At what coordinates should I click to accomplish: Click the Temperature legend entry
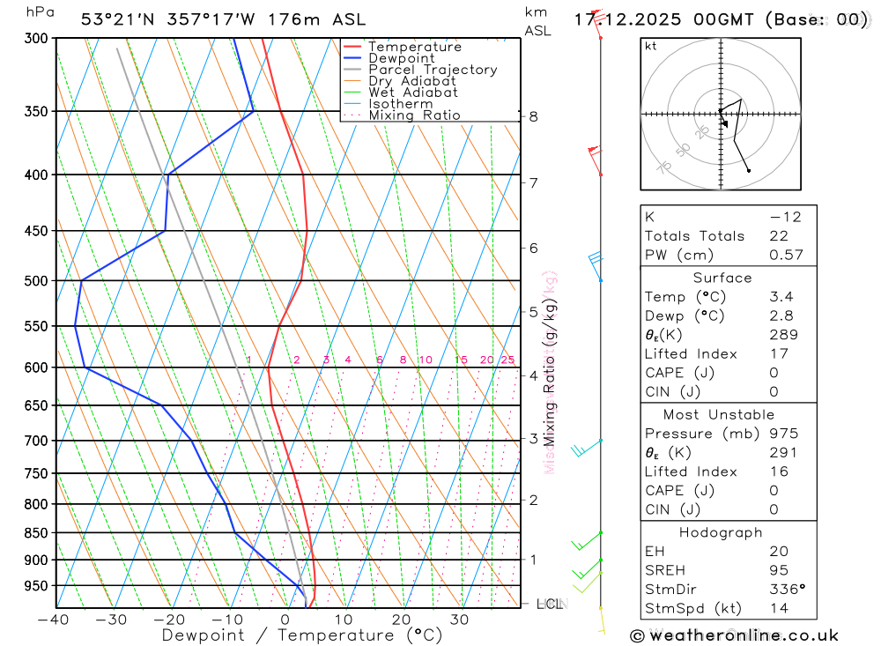point(414,47)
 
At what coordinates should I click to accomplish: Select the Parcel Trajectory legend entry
point(433,70)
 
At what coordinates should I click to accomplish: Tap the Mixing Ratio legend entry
point(414,115)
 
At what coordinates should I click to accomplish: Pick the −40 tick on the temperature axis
point(54,620)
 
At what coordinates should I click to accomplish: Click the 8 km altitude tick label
point(534,116)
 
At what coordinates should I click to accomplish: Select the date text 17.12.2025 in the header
point(631,19)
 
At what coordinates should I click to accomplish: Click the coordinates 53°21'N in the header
point(120,19)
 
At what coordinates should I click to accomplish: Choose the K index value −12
point(784,217)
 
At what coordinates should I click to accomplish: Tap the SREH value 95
point(779,570)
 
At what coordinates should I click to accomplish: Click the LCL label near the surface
point(550,604)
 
